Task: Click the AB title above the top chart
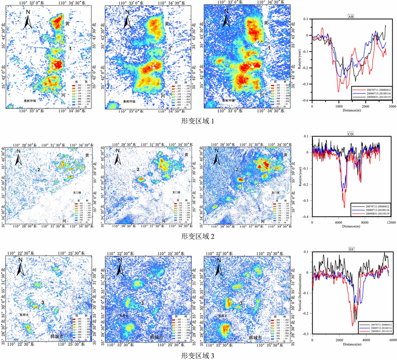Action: pyautogui.click(x=351, y=17)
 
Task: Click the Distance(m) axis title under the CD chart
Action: pyautogui.click(x=350, y=228)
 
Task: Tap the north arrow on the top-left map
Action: pyautogui.click(x=29, y=21)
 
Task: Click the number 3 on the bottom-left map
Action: pyautogui.click(x=41, y=302)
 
